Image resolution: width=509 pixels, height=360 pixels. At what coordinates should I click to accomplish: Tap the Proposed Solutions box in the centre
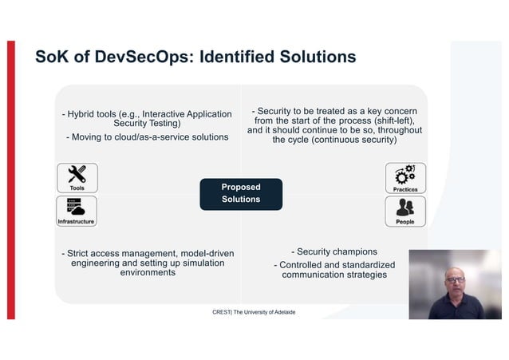click(241, 193)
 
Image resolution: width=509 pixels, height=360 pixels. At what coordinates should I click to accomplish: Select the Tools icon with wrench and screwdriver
click(77, 177)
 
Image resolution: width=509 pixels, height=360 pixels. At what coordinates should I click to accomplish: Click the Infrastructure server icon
click(77, 210)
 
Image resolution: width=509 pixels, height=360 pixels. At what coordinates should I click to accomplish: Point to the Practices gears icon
click(405, 177)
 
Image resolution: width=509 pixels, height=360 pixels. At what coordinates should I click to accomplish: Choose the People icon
click(405, 211)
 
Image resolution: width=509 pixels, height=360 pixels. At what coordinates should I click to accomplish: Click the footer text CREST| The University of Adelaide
click(254, 312)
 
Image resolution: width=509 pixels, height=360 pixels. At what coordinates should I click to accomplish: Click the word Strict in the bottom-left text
click(81, 254)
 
